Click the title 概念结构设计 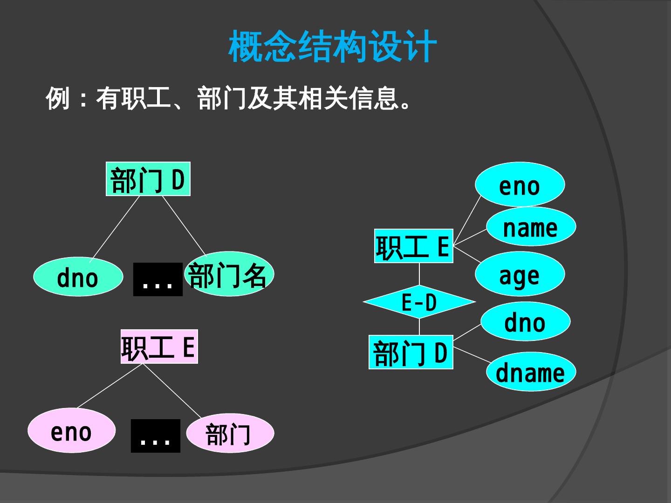click(333, 47)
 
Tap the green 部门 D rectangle click(148, 179)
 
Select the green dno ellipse click(78, 277)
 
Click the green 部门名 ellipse click(229, 275)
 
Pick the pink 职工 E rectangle click(159, 347)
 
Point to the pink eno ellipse click(71, 431)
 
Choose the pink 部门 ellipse click(230, 434)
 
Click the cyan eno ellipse click(520, 185)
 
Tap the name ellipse click(531, 227)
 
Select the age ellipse click(520, 274)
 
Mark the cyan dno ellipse click(525, 322)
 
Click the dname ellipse click(531, 372)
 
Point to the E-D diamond click(419, 302)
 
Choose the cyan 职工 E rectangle click(413, 246)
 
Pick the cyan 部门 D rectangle click(411, 352)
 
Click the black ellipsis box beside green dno click(157, 279)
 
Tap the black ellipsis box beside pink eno click(155, 436)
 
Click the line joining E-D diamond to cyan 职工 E click(419, 274)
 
